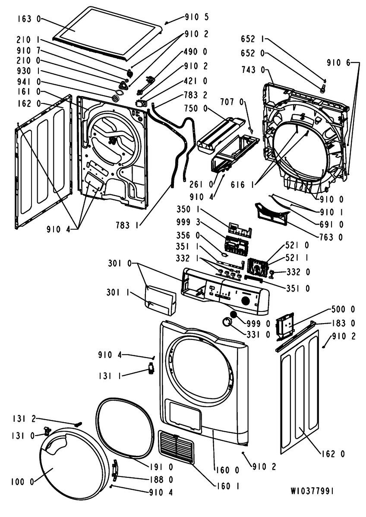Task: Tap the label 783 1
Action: coord(127,224)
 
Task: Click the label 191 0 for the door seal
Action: coord(162,467)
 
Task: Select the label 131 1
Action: coord(110,375)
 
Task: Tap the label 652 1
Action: coord(252,39)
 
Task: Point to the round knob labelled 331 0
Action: coord(226,321)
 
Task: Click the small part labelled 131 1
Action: coord(150,369)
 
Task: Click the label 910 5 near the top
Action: coord(196,17)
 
